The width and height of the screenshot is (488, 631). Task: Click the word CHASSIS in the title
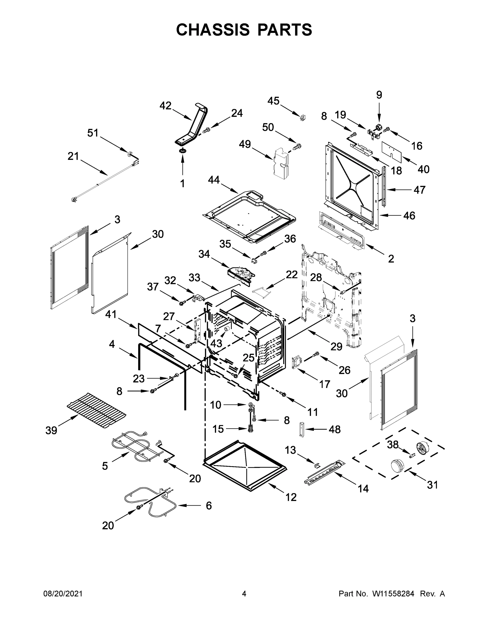coord(213,29)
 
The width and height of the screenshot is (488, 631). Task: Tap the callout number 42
coord(165,106)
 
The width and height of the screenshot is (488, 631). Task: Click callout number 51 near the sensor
coord(93,133)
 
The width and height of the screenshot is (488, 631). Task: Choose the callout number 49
coord(245,144)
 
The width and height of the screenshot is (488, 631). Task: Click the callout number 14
coord(363,488)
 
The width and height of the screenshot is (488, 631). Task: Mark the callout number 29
coord(336,347)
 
